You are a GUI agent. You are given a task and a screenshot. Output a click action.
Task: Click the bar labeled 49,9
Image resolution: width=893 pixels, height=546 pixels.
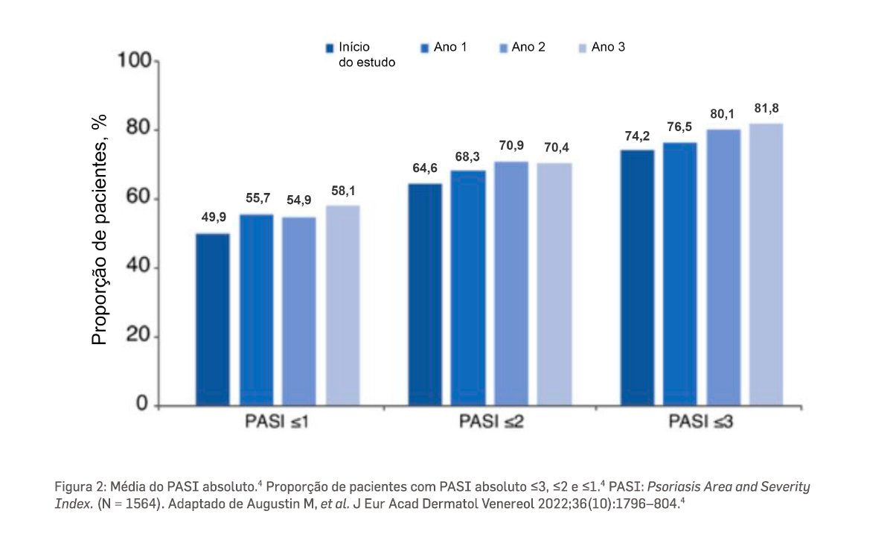pyautogui.click(x=213, y=320)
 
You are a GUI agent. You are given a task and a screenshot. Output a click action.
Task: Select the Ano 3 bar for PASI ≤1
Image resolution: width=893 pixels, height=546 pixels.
pyautogui.click(x=342, y=305)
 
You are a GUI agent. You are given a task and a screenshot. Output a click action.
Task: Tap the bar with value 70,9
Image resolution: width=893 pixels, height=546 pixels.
pyautogui.click(x=510, y=283)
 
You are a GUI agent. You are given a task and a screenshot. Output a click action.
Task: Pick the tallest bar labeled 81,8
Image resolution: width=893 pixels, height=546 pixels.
pyautogui.click(x=766, y=264)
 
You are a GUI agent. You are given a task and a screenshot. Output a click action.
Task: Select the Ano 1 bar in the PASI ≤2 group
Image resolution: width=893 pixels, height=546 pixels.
pyautogui.click(x=468, y=288)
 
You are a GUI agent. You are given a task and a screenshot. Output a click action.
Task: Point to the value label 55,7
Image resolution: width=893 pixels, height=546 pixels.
pyautogui.click(x=256, y=198)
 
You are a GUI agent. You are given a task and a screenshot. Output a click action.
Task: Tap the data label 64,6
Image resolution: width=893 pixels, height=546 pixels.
pyautogui.click(x=426, y=168)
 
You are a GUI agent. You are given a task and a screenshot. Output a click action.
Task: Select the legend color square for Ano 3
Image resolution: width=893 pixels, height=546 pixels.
pyautogui.click(x=583, y=48)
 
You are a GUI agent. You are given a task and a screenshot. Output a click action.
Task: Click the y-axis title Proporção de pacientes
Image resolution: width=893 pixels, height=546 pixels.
pyautogui.click(x=100, y=229)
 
